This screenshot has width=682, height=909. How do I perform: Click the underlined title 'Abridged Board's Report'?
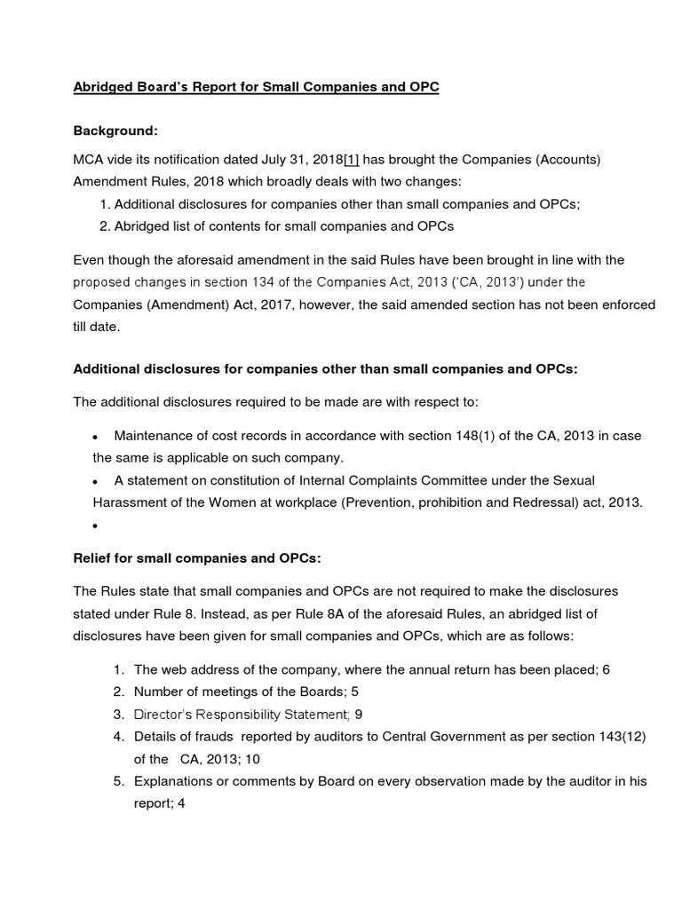tap(256, 90)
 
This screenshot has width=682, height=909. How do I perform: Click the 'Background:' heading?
tap(115, 130)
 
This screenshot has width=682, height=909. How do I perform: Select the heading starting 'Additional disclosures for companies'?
tap(325, 368)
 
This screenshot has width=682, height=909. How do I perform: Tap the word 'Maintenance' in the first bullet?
tap(156, 436)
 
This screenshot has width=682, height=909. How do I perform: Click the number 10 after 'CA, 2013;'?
tap(250, 759)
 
